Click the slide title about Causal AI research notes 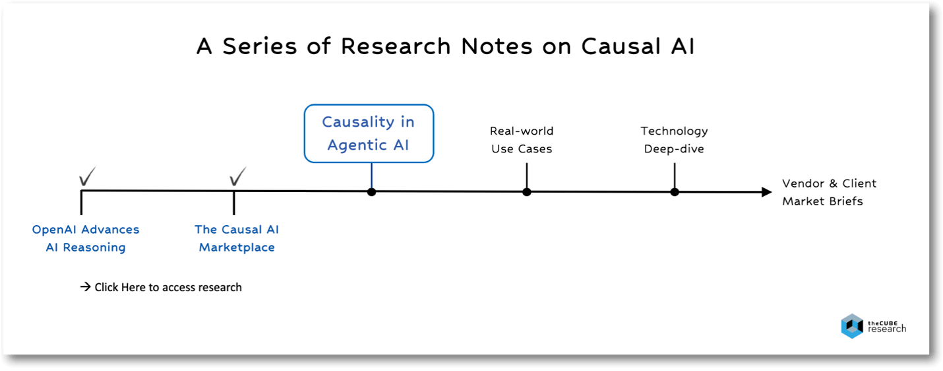445,47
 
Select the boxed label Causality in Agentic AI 369,133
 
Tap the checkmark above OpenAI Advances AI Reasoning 87,176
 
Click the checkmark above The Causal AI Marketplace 237,176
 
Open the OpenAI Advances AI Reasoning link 86,238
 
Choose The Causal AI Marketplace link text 237,238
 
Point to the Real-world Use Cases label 522,140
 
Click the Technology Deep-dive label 674,140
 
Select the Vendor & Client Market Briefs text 829,192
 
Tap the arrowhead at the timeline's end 766,192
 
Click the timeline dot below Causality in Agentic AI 371,192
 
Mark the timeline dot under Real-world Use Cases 526,192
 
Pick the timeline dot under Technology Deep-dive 675,192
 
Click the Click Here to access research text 168,287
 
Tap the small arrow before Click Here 85,287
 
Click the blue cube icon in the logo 851,326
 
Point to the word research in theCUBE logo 887,329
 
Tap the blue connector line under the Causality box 371,176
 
